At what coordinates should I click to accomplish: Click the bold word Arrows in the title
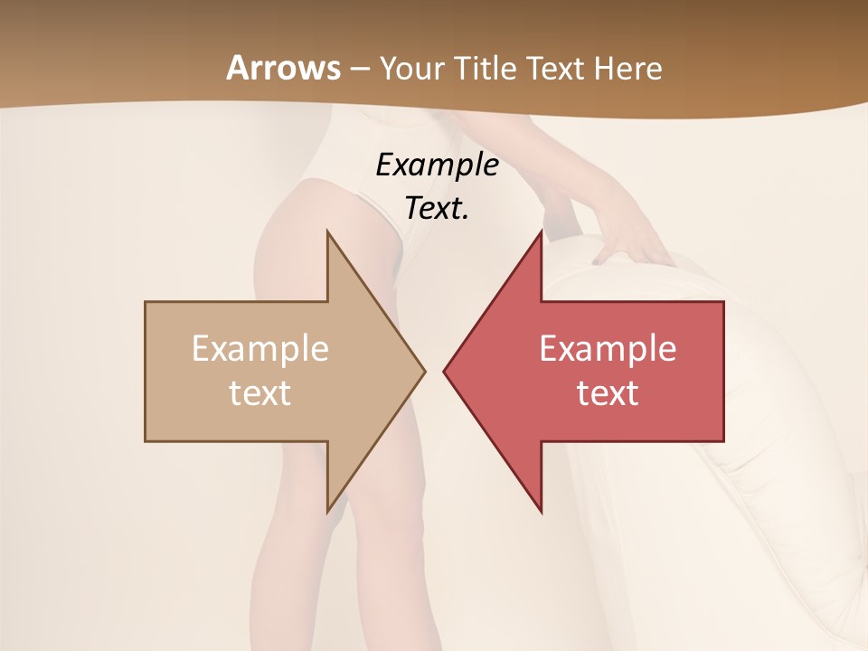point(283,68)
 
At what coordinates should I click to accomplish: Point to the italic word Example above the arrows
point(437,165)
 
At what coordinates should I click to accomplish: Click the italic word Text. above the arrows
point(437,209)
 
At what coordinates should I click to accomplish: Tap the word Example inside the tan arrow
point(260,348)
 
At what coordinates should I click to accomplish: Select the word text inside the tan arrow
point(260,393)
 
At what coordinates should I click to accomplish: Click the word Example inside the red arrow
point(608,348)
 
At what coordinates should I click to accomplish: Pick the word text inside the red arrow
point(608,393)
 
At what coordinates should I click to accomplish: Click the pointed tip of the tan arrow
point(424,371)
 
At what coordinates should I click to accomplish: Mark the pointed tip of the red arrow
point(444,371)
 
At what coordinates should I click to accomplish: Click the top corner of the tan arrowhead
point(327,231)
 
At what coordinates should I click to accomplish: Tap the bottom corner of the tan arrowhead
point(327,512)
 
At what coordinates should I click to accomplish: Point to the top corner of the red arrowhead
point(541,231)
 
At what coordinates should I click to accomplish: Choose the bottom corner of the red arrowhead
point(541,512)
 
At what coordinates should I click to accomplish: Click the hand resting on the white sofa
point(633,242)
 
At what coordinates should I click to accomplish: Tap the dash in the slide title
point(359,70)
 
